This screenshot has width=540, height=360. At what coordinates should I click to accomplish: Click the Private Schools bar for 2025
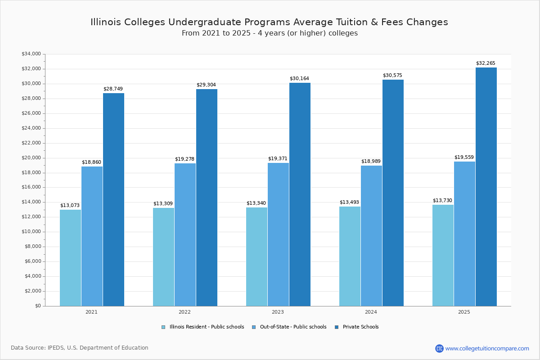point(486,187)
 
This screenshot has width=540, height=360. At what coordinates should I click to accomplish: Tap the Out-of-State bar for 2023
point(278,234)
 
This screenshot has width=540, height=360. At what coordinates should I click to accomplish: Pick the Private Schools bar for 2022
point(207,198)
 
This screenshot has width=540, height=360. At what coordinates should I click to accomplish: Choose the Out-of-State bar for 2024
point(371,236)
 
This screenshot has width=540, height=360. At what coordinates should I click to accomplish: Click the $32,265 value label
point(486,63)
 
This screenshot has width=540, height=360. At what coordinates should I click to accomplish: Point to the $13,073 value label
point(70,206)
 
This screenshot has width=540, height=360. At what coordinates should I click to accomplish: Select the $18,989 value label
point(371,162)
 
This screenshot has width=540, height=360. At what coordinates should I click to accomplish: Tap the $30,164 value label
point(299,79)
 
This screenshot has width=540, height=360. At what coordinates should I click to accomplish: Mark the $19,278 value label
point(184,159)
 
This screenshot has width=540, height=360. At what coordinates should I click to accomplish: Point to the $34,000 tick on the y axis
point(31,54)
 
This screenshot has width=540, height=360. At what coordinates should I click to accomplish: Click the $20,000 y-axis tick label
point(31,158)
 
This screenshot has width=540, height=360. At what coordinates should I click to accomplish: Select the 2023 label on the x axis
point(278,312)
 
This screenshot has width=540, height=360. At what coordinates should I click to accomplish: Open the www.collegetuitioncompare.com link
point(487,348)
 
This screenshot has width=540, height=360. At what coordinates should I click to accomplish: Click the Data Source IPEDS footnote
point(80,348)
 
